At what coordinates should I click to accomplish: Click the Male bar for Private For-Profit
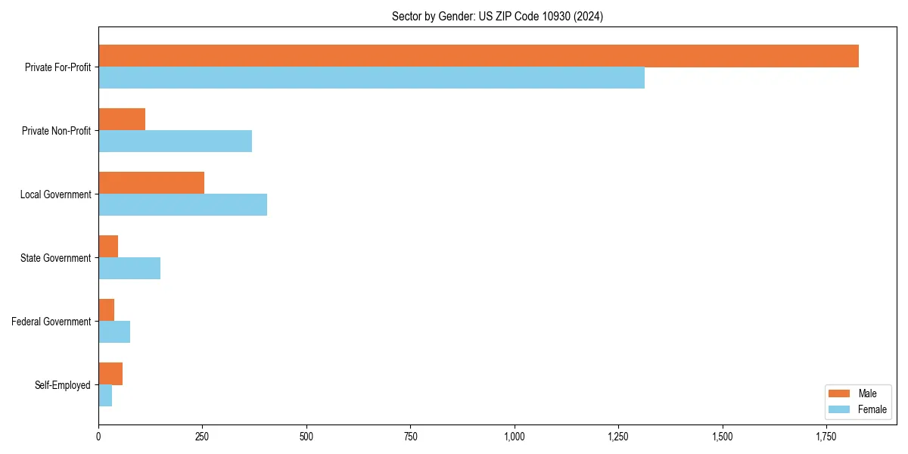[478, 56]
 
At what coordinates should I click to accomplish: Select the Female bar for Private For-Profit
[372, 78]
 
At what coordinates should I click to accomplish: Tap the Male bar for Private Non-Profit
[122, 120]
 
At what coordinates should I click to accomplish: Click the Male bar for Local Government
[151, 183]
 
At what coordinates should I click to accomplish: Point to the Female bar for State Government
[129, 269]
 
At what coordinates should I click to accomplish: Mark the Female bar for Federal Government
[114, 332]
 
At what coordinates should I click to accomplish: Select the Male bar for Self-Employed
[110, 374]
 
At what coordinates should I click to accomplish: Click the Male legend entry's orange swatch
[840, 393]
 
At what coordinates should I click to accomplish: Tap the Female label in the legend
[872, 409]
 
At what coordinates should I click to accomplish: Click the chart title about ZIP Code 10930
[497, 16]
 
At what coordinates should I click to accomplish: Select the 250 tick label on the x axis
[202, 437]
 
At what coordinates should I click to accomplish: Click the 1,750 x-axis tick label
[826, 437]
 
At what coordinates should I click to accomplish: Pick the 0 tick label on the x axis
[98, 437]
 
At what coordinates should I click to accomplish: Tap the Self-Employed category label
[63, 385]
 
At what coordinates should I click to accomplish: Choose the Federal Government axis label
[51, 322]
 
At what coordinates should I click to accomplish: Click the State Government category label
[56, 258]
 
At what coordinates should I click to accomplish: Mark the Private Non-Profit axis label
[56, 131]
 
